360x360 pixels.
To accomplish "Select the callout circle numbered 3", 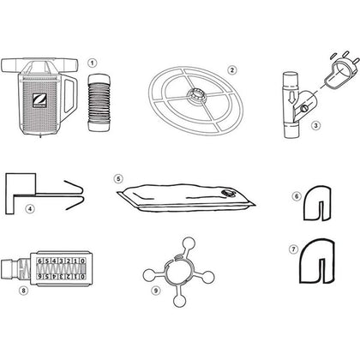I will (x=315, y=125).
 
